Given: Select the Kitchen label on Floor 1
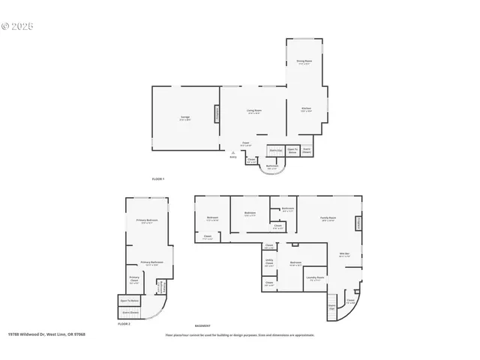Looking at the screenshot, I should click(306, 109).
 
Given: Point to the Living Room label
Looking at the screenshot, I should click(254, 111).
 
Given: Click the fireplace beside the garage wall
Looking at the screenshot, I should click(218, 115).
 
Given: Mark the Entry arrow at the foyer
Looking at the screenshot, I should click(233, 153).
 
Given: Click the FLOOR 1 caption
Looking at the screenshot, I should click(157, 178).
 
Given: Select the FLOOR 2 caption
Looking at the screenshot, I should click(124, 323).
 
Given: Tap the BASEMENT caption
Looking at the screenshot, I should click(202, 326).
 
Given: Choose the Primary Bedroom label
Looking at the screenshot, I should click(145, 221).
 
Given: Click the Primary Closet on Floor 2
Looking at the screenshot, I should click(134, 280).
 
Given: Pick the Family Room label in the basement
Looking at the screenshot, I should click(328, 218).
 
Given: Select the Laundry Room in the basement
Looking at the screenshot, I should click(315, 277).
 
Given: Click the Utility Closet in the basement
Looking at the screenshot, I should click(268, 263).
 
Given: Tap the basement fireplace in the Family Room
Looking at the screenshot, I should click(358, 223).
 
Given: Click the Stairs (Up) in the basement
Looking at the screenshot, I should click(331, 307).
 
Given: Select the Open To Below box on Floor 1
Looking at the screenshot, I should click(292, 150).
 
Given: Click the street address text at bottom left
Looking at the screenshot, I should click(46, 334).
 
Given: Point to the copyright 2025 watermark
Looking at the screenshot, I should click(18, 25).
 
